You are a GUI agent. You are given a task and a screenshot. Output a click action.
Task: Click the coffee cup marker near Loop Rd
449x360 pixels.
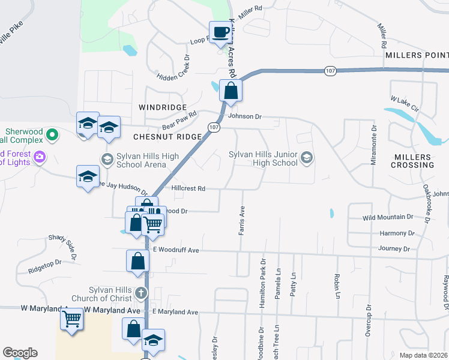pyautogui.click(x=220, y=32)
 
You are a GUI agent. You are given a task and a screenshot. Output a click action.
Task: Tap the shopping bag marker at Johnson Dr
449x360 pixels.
pyautogui.click(x=231, y=91)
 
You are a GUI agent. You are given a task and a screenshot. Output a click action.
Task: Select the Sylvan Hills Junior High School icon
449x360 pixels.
pyautogui.click(x=307, y=158)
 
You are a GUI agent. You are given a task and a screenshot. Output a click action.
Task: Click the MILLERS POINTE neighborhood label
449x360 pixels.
pyautogui.click(x=417, y=55)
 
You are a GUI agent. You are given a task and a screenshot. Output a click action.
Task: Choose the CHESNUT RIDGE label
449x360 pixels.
pyautogui.click(x=167, y=137)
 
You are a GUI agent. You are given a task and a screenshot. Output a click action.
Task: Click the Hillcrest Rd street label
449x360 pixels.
pyautogui.click(x=188, y=188)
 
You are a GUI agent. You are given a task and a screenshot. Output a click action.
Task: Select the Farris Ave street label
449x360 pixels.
pyautogui.click(x=242, y=220)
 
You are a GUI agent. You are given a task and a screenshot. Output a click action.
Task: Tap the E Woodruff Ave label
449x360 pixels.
pyautogui.click(x=175, y=250)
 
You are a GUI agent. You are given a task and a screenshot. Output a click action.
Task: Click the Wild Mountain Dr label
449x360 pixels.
pyautogui.click(x=388, y=217)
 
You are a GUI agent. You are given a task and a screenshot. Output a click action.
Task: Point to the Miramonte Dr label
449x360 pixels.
pyautogui.click(x=373, y=145)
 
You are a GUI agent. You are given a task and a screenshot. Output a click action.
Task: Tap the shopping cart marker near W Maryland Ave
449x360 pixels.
pyautogui.click(x=72, y=320)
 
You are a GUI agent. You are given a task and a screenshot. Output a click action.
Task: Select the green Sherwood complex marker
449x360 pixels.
pyautogui.click(x=53, y=134)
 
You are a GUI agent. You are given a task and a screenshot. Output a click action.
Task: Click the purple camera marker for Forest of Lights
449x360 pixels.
pyautogui.click(x=40, y=157)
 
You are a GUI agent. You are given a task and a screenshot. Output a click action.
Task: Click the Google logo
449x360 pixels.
pyautogui.click(x=20, y=353)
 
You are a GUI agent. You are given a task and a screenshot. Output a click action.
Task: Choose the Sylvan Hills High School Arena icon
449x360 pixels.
pyautogui.click(x=107, y=158)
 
